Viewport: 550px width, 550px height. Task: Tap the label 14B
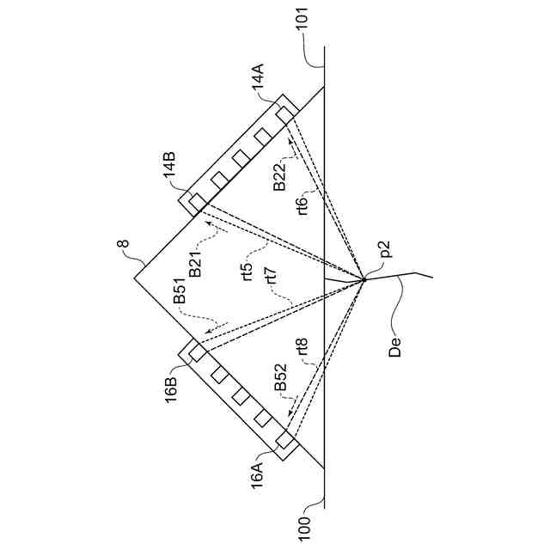(x=171, y=165)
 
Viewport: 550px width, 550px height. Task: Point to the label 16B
(x=170, y=384)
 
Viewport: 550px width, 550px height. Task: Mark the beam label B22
(x=280, y=174)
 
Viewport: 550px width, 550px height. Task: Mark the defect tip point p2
(x=364, y=278)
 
